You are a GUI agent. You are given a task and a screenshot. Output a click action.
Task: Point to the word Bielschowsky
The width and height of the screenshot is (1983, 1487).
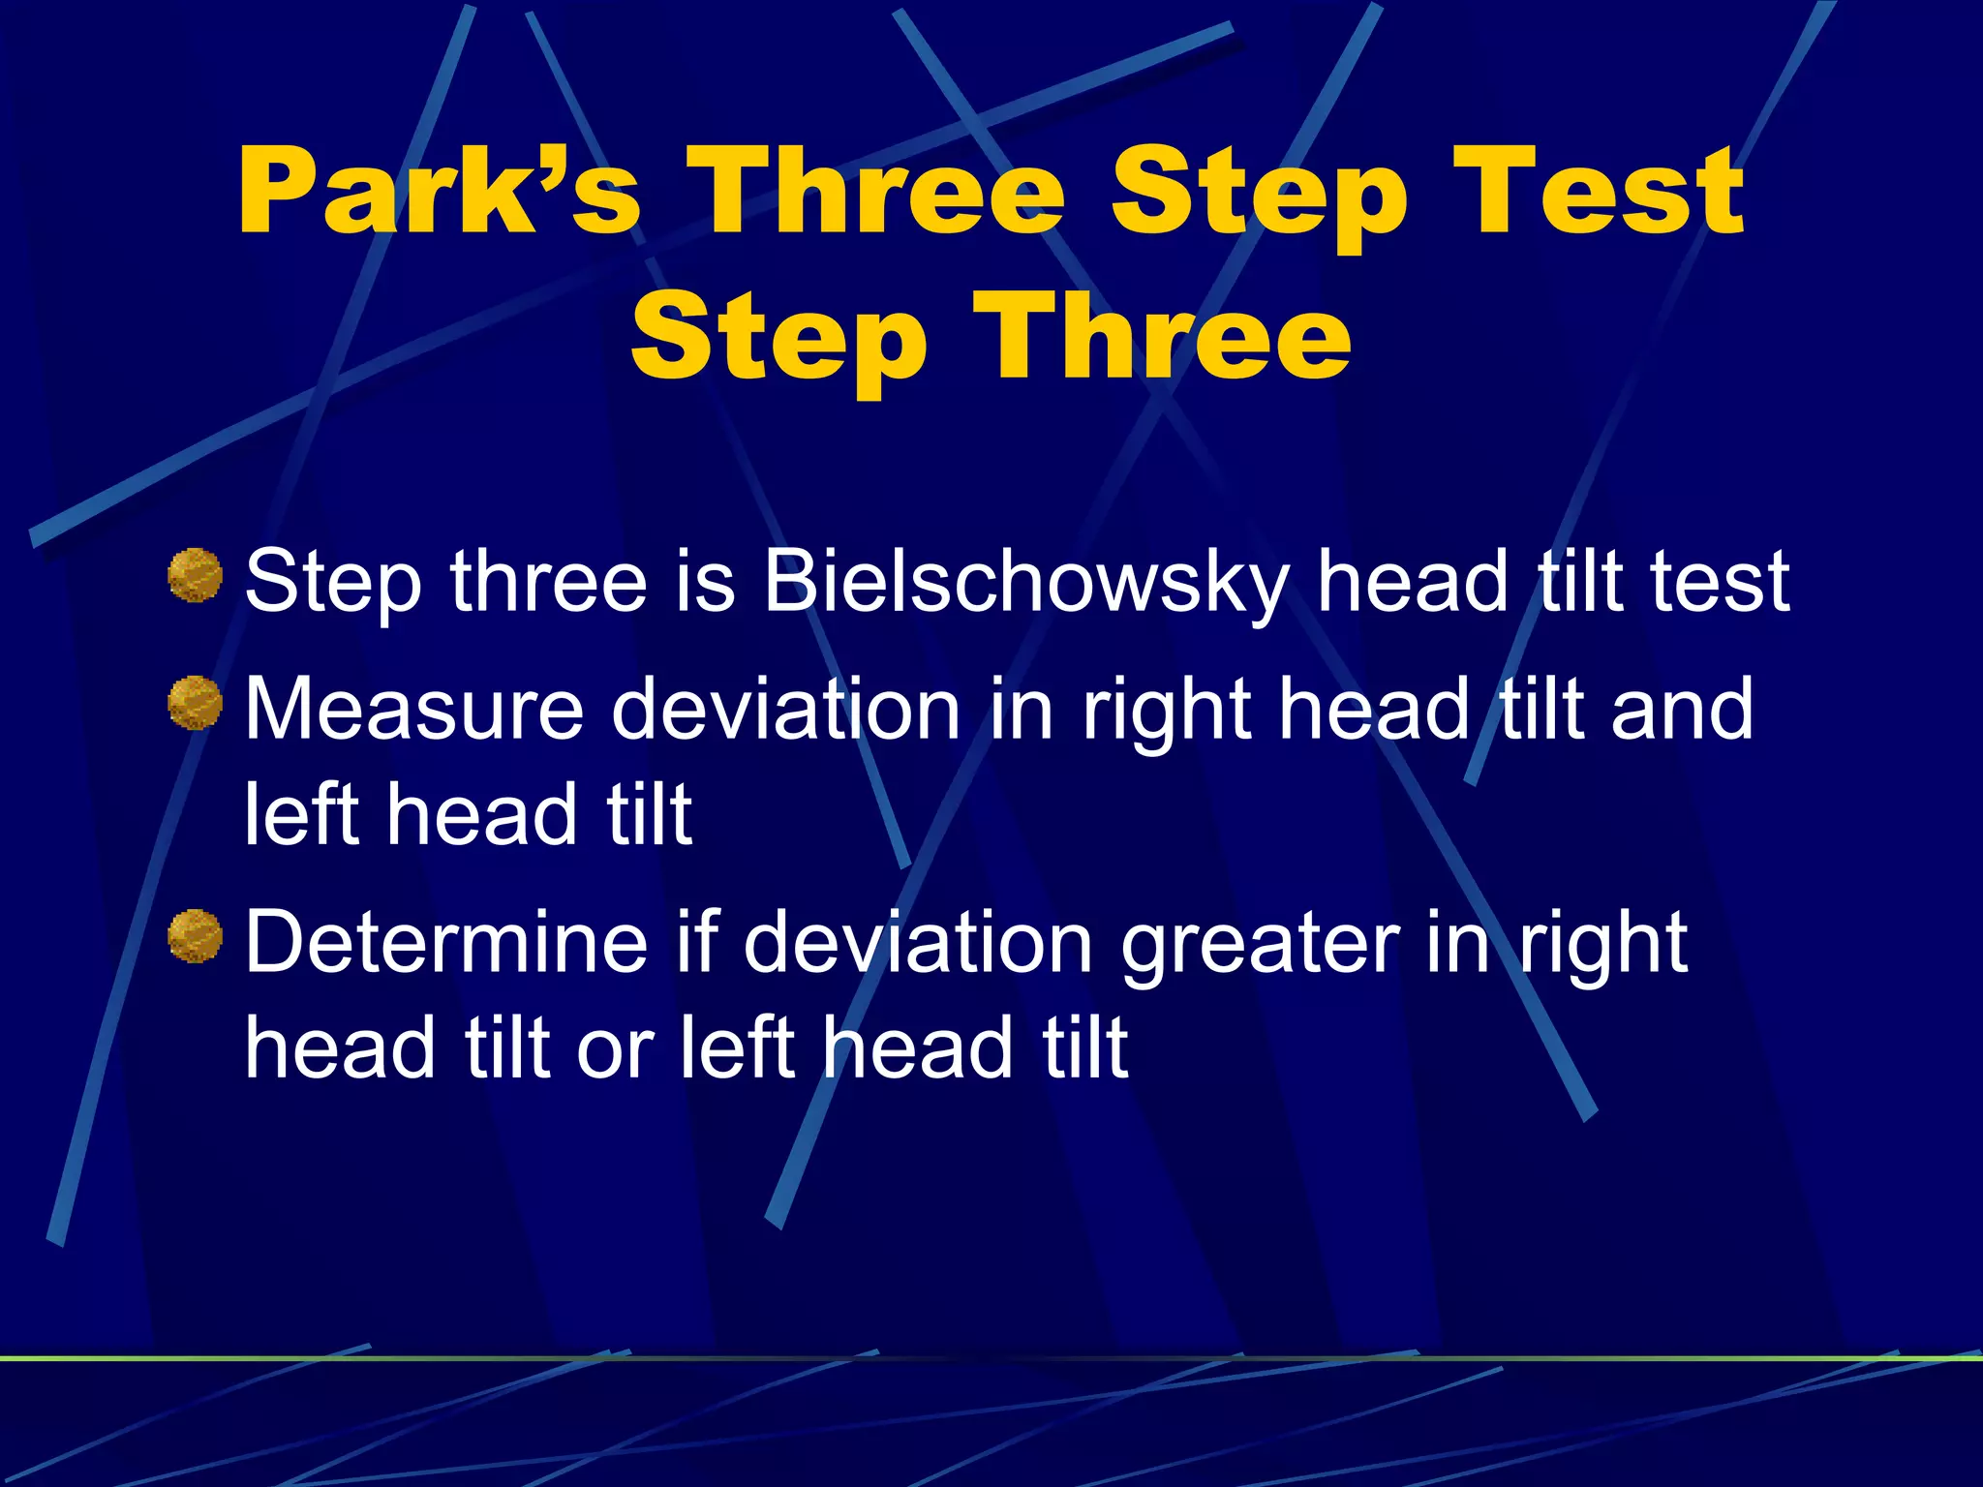pyautogui.click(x=1026, y=583)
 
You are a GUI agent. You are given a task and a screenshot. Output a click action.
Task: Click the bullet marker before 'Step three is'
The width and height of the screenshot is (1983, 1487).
pyautogui.click(x=196, y=575)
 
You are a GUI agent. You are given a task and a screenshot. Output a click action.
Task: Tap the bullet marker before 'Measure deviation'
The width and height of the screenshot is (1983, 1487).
pyautogui.click(x=196, y=703)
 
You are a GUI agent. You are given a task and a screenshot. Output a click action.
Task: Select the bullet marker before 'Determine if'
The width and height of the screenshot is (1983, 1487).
pyautogui.click(x=196, y=936)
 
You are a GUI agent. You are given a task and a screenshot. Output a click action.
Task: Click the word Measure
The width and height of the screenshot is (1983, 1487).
pyautogui.click(x=413, y=709)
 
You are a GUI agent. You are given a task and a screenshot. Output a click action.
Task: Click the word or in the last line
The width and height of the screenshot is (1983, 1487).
pyautogui.click(x=615, y=1050)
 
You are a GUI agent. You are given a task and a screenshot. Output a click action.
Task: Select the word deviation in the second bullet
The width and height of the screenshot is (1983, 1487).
pyautogui.click(x=785, y=709)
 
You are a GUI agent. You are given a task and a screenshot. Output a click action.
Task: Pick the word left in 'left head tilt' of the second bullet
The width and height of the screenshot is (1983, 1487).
pyautogui.click(x=301, y=815)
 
